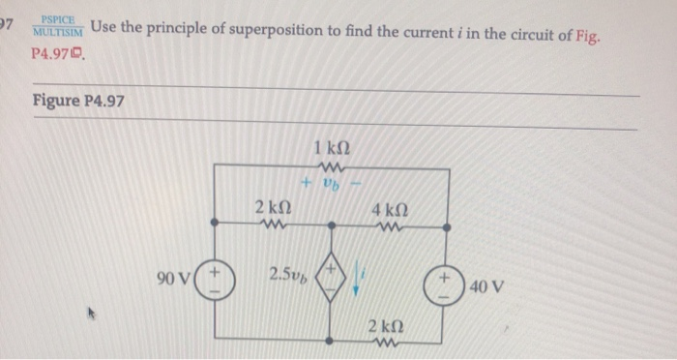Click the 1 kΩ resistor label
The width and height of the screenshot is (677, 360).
click(332, 148)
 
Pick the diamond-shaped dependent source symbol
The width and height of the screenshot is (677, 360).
click(332, 278)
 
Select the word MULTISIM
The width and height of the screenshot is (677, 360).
click(58, 31)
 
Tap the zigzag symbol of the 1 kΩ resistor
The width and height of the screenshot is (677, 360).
click(332, 165)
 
